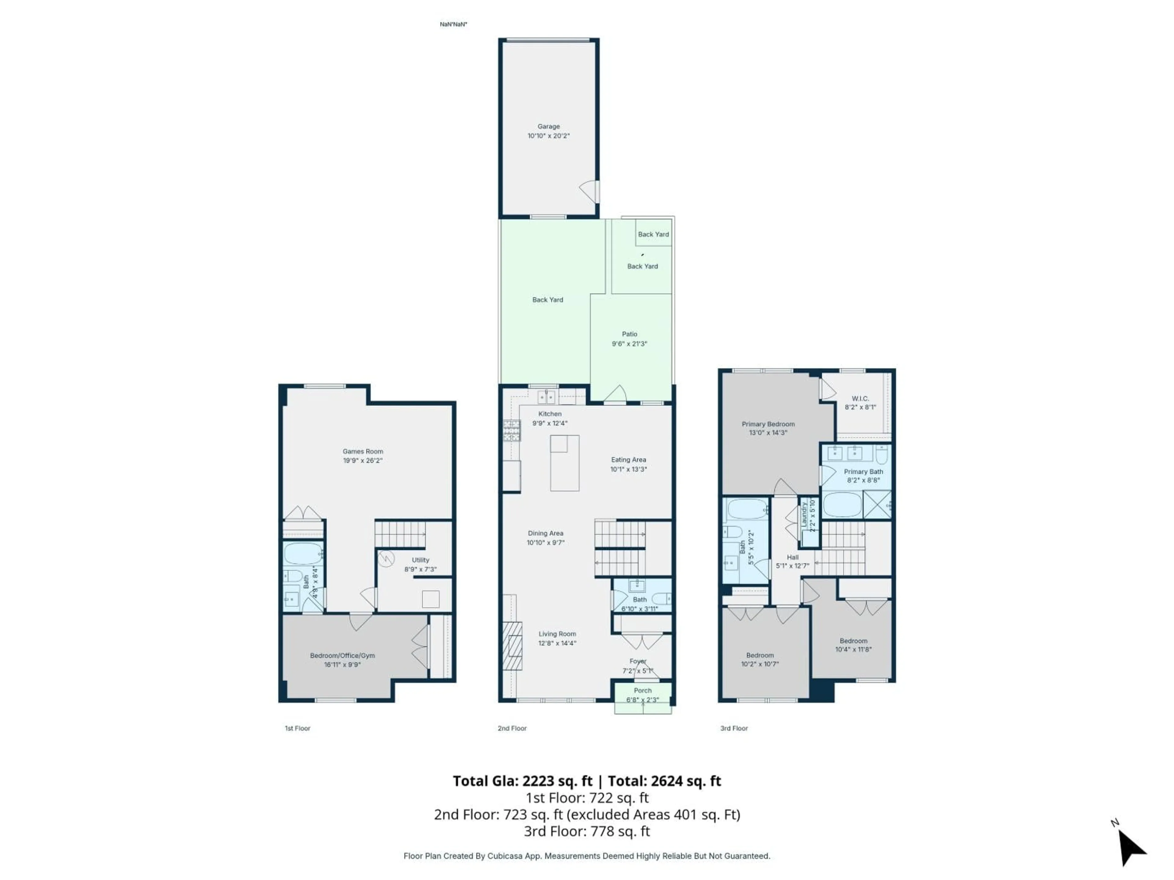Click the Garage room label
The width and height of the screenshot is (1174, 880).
click(x=548, y=126)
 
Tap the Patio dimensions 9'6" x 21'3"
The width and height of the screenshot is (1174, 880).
click(x=629, y=344)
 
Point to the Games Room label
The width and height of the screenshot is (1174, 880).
click(x=363, y=451)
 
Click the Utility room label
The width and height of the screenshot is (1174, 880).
click(x=420, y=559)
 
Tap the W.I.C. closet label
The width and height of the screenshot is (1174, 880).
click(x=860, y=398)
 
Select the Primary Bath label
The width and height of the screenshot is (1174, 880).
click(x=863, y=471)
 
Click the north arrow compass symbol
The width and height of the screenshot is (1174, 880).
click(x=1131, y=847)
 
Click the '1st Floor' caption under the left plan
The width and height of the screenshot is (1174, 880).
click(x=297, y=728)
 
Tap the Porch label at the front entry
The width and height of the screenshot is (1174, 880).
click(x=642, y=691)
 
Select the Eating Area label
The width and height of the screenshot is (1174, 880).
click(x=628, y=460)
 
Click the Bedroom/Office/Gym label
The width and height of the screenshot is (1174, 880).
click(x=342, y=656)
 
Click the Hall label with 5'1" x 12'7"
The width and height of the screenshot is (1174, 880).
click(x=792, y=558)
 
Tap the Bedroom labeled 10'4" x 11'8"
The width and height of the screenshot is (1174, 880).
click(x=853, y=641)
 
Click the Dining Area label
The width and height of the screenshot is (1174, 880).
click(x=545, y=533)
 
